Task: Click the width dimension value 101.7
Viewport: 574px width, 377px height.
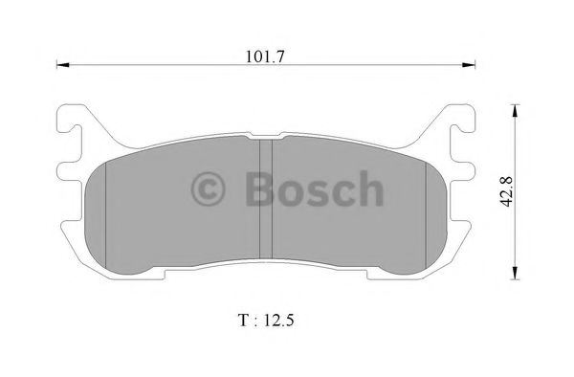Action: (267, 55)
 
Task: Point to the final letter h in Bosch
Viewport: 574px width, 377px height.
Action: (368, 188)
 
